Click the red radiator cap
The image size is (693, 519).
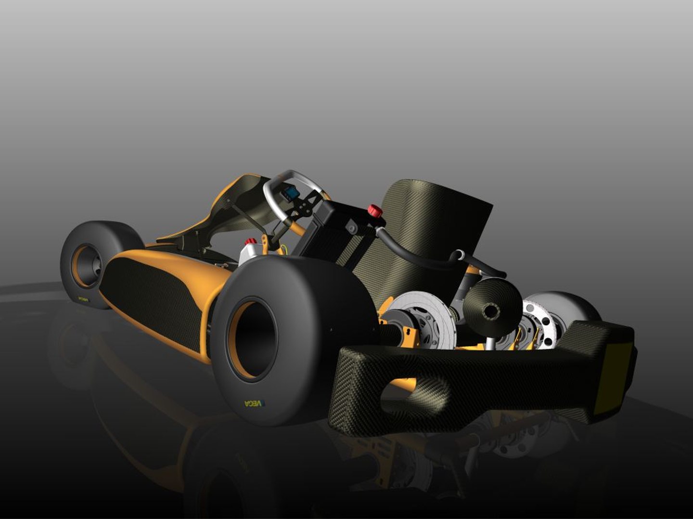click(375, 210)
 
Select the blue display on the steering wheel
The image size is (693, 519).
click(291, 194)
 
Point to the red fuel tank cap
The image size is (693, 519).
click(250, 241)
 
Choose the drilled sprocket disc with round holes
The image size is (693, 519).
click(541, 325)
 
